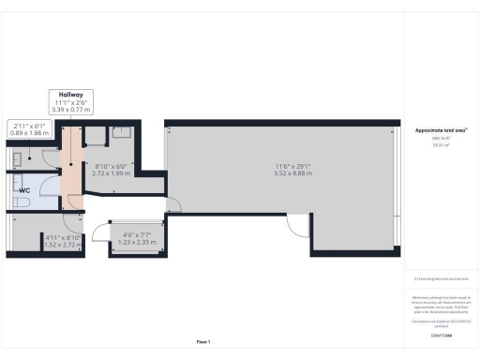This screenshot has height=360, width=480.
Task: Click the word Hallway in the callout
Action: (x=71, y=95)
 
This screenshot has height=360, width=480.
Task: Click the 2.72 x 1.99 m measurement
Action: (x=112, y=173)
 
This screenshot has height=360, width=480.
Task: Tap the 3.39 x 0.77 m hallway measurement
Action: (x=71, y=110)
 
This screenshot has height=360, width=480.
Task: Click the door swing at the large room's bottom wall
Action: (x=297, y=225)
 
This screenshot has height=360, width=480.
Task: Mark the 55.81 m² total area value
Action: (x=438, y=145)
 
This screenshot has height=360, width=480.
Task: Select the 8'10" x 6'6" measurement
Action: (x=112, y=166)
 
